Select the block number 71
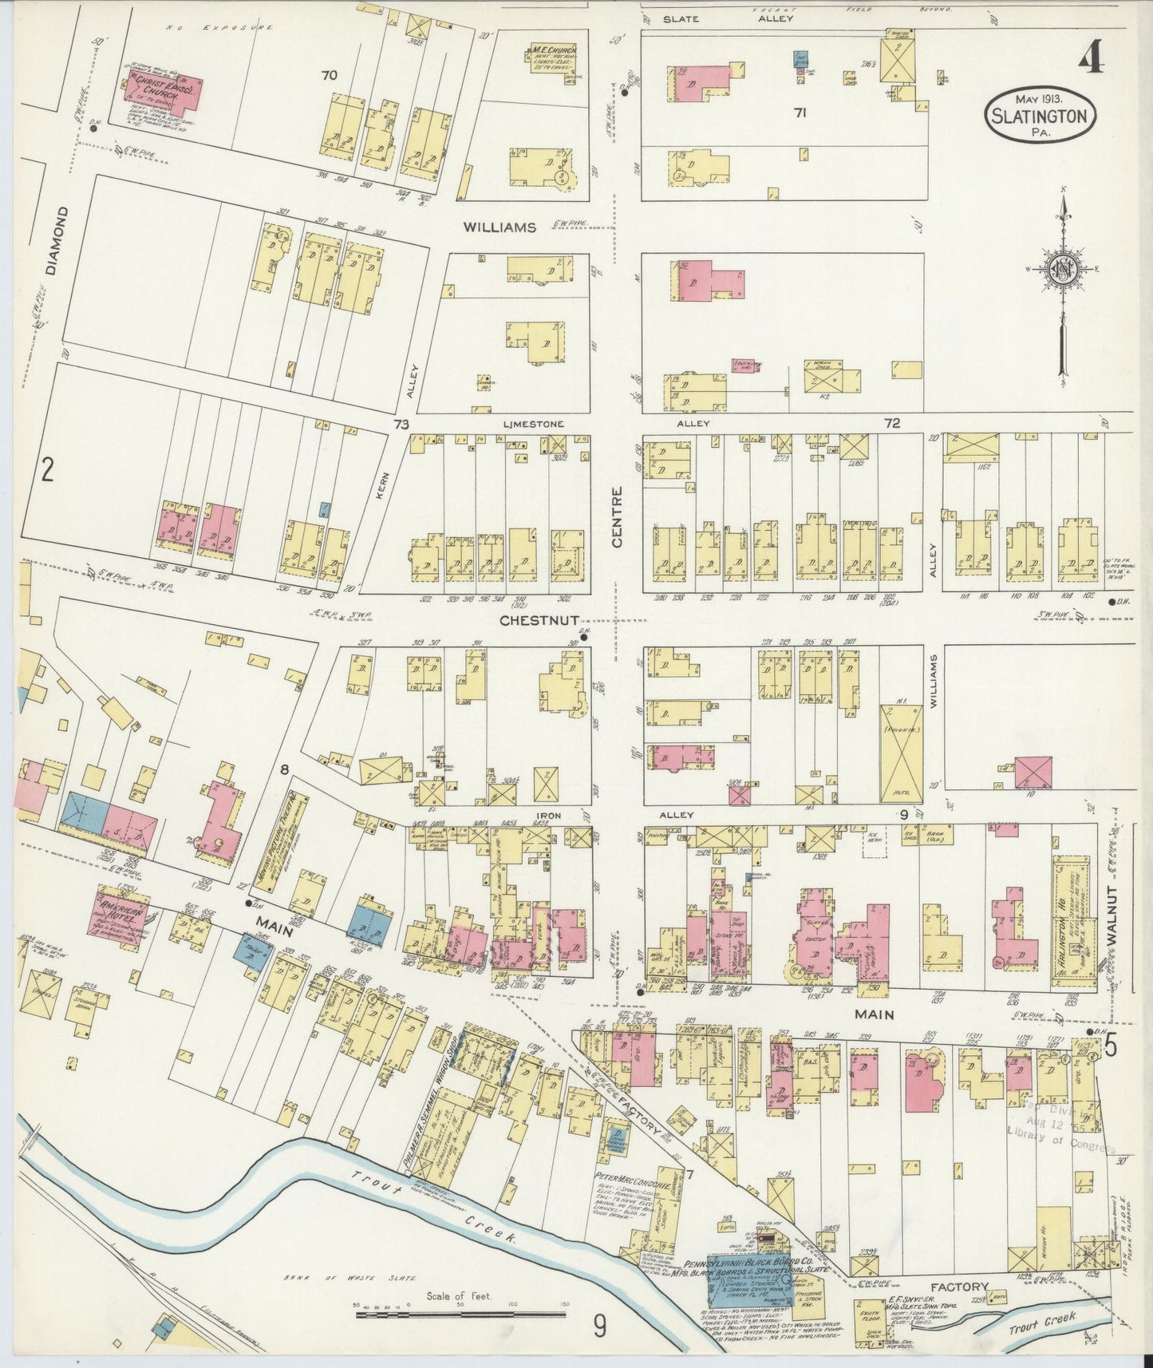[800, 113]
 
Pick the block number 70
[329, 76]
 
